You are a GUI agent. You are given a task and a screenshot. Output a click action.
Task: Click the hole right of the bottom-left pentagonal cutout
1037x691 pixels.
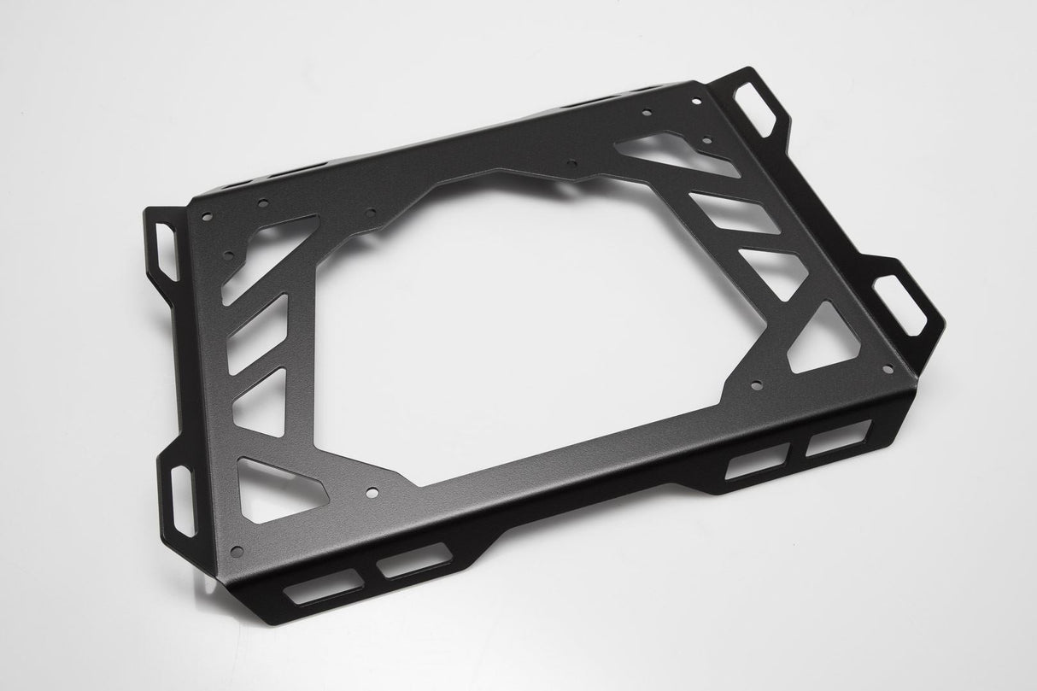tap(371, 492)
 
